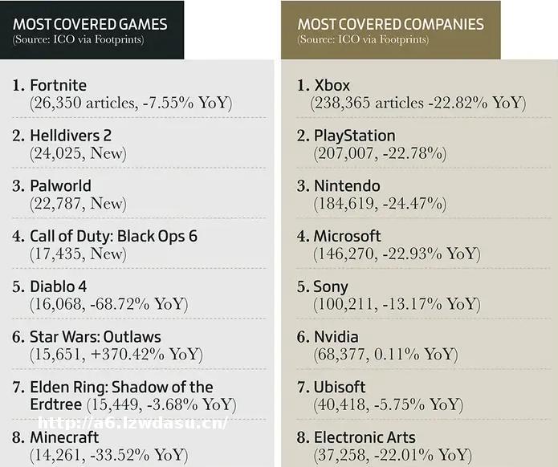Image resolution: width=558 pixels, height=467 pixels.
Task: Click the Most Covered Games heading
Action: [x=90, y=24]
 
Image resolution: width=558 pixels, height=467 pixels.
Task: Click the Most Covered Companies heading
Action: [x=390, y=24]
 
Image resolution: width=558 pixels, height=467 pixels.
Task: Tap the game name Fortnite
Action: [x=58, y=85]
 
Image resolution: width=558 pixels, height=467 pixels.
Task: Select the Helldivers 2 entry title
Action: [x=71, y=136]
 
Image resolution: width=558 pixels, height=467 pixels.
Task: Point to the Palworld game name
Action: [x=61, y=185]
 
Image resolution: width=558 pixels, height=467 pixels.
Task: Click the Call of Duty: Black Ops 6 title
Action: [x=113, y=236]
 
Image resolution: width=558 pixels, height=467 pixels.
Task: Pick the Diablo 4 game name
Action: [x=59, y=286]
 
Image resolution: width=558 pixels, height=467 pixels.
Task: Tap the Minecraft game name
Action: [x=64, y=437]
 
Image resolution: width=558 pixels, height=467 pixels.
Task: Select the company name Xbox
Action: [x=332, y=85]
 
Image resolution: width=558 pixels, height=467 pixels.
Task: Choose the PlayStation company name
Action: [x=354, y=136]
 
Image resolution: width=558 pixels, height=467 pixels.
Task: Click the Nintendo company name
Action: [x=347, y=185]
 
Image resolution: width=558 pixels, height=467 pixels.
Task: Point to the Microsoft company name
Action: [x=347, y=236]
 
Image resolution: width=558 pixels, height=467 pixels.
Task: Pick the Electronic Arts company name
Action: [x=365, y=437]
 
